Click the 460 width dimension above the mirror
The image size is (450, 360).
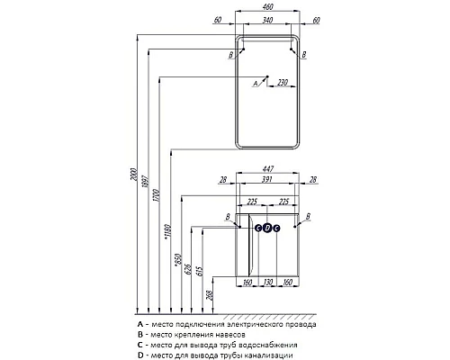pyautogui.click(x=267, y=6)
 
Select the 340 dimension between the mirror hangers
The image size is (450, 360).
pyautogui.click(x=267, y=20)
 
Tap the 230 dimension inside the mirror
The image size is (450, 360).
pyautogui.click(x=283, y=82)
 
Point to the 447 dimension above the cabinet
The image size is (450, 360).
pyautogui.click(x=267, y=169)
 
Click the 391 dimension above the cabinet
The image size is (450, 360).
pyautogui.click(x=266, y=179)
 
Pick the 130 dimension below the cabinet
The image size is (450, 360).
pyautogui.click(x=267, y=282)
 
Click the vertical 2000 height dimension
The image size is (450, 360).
pyautogui.click(x=133, y=175)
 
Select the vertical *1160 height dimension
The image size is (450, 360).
pyautogui.click(x=167, y=232)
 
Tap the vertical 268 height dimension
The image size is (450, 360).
pyautogui.click(x=210, y=295)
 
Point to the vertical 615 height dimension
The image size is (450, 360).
pyautogui.click(x=200, y=271)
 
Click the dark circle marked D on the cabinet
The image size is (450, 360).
pyautogui.click(x=267, y=229)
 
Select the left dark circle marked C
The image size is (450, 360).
pyautogui.click(x=258, y=229)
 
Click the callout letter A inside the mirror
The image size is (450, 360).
pyautogui.click(x=256, y=83)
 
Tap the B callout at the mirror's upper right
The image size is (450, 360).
pyautogui.click(x=304, y=55)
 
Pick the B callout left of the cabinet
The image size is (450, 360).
pyautogui.click(x=228, y=217)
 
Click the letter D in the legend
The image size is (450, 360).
pyautogui.click(x=140, y=355)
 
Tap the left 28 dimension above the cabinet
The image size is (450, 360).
pyautogui.click(x=223, y=179)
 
